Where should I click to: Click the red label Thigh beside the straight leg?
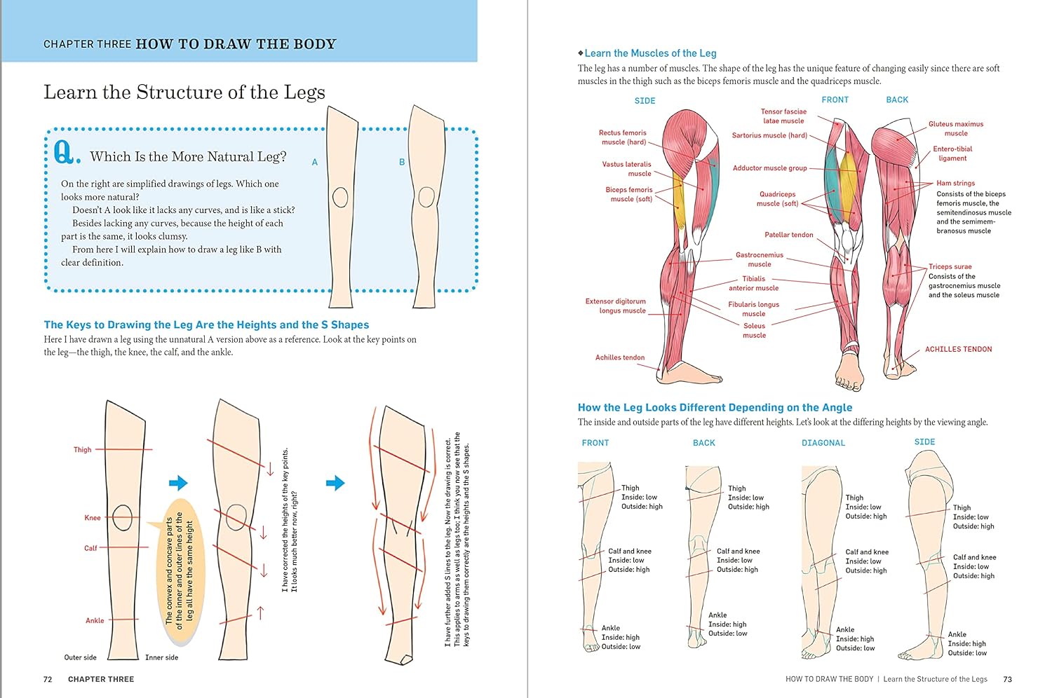(x=82, y=450)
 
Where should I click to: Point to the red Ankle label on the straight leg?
(x=95, y=620)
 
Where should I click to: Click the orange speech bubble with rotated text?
(x=180, y=570)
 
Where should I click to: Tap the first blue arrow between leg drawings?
(x=178, y=483)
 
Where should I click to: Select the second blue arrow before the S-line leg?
(x=335, y=483)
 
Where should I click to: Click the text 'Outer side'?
(x=81, y=657)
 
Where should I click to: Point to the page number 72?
(x=48, y=679)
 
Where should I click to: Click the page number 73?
(x=1007, y=679)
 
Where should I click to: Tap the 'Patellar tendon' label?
(x=788, y=235)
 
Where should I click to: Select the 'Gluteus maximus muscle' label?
(x=956, y=129)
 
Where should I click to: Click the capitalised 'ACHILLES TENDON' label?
(x=959, y=349)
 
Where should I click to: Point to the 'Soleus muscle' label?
(x=754, y=331)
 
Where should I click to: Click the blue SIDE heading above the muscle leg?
(x=645, y=101)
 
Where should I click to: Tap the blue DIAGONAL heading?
(x=823, y=443)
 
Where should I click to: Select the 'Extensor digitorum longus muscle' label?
(x=616, y=306)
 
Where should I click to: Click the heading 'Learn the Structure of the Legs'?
(x=184, y=93)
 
